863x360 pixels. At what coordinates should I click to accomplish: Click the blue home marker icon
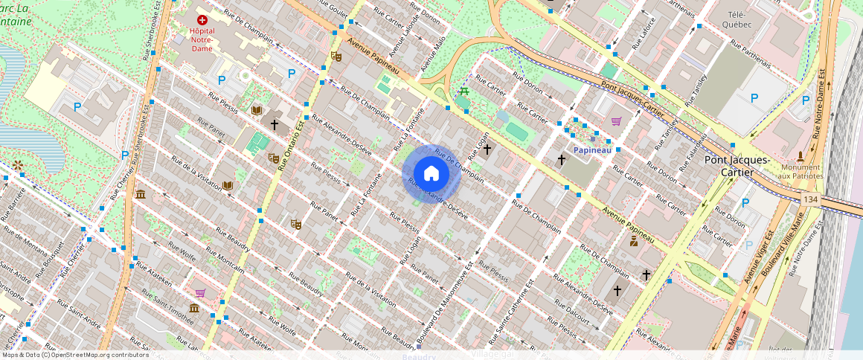click(431, 174)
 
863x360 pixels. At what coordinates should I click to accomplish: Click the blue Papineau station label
click(592, 150)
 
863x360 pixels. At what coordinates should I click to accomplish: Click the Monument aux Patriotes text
click(801, 172)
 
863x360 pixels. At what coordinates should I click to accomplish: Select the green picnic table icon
click(464, 91)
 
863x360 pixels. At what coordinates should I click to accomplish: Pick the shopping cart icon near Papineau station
click(616, 121)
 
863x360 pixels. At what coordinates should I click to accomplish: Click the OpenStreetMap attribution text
click(74, 355)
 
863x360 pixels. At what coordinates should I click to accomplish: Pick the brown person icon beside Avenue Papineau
click(634, 241)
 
